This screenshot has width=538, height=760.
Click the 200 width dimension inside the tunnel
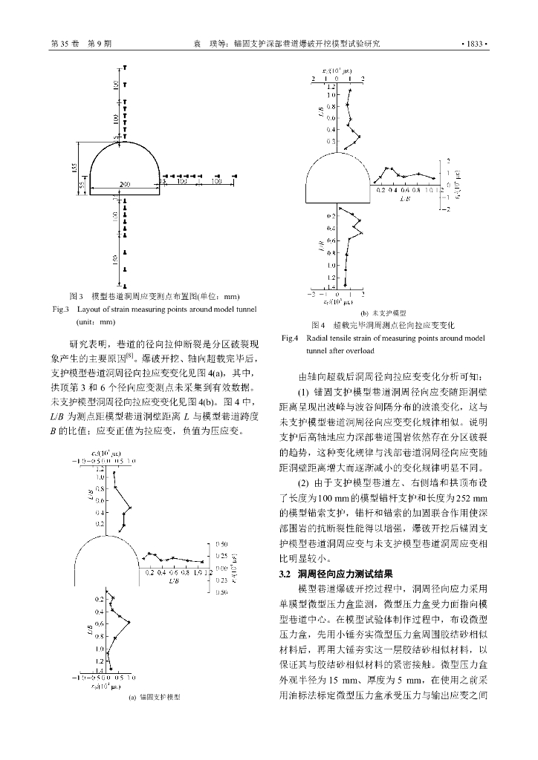pos(125,184)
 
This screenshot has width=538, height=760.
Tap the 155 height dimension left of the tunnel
pos(74,168)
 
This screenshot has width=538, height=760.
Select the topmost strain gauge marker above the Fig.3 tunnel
pos(125,68)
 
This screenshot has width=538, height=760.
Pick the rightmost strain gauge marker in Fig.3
pos(236,175)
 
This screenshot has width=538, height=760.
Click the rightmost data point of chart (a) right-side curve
pos(203,561)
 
